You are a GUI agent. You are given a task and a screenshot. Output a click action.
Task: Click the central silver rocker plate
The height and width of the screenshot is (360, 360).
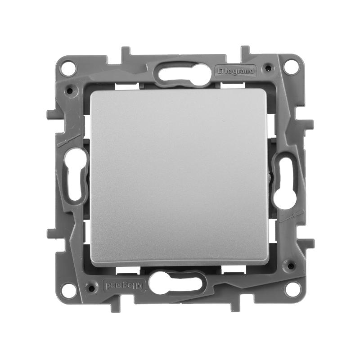click(x=179, y=177)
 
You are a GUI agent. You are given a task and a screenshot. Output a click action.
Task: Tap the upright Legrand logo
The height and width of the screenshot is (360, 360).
click(x=235, y=71)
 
